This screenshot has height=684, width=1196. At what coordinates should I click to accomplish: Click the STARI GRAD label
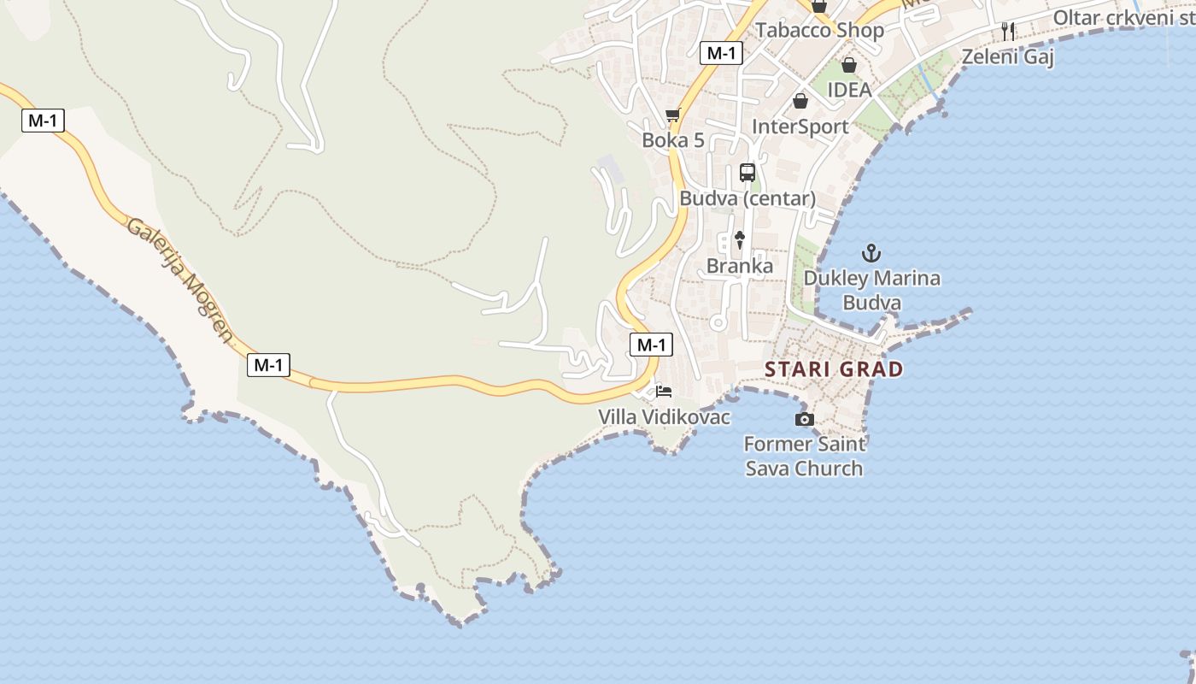(834, 369)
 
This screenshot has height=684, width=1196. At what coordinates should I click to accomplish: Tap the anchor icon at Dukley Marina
(871, 253)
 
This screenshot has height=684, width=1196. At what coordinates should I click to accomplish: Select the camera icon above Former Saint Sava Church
(804, 419)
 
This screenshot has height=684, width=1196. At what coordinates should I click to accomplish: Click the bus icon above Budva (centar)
(747, 173)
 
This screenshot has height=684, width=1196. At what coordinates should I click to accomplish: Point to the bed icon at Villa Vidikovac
(664, 392)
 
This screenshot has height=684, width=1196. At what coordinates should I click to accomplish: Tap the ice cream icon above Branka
(740, 240)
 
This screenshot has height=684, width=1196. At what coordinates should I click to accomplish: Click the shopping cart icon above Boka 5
(673, 115)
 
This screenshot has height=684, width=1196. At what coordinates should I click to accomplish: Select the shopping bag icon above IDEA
(849, 65)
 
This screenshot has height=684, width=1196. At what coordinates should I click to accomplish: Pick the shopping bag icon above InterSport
(800, 101)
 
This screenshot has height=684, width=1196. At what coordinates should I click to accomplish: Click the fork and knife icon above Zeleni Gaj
(1008, 32)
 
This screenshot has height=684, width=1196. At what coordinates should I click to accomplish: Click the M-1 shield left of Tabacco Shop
(721, 53)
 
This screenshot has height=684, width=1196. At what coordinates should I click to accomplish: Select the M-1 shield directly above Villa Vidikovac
(651, 345)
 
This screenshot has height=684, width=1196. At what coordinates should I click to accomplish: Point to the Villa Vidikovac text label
(665, 417)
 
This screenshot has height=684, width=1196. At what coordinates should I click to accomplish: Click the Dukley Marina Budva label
(871, 291)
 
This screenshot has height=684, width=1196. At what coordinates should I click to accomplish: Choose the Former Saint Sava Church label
(804, 456)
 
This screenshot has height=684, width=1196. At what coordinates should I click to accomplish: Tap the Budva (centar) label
(747, 198)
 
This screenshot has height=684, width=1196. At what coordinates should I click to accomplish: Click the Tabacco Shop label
(819, 31)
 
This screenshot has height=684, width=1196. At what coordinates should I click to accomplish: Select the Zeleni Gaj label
(1008, 57)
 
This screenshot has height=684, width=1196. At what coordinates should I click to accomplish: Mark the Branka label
(740, 266)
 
